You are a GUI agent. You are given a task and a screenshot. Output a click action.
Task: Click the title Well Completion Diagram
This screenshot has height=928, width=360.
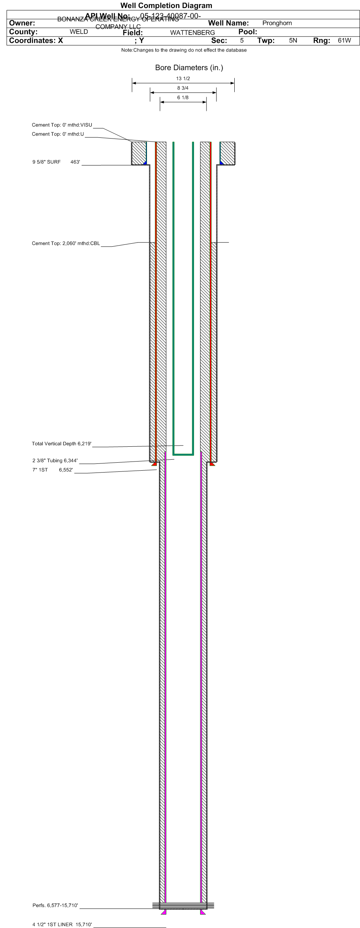(166, 6)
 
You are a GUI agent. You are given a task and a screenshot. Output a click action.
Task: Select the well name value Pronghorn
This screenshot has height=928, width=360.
(277, 23)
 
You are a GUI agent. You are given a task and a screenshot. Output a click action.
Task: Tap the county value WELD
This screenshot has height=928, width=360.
(79, 32)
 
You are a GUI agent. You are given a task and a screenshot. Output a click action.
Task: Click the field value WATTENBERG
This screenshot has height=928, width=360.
(192, 33)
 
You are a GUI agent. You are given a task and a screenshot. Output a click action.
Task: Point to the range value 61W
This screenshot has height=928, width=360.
(344, 41)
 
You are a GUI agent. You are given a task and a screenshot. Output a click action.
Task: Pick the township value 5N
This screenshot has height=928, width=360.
(293, 41)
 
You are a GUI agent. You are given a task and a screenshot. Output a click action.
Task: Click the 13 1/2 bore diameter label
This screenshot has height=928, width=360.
(183, 79)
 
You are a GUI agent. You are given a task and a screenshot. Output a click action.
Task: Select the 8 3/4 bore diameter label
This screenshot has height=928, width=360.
(183, 88)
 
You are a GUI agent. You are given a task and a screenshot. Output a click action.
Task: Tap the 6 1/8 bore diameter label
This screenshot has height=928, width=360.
(183, 98)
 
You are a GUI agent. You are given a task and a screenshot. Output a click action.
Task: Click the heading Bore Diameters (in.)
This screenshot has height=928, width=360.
(189, 68)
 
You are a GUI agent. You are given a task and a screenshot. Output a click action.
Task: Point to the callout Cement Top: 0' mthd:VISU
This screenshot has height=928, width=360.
(62, 125)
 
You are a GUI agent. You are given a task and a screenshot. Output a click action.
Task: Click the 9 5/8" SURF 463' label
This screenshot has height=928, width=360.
(56, 162)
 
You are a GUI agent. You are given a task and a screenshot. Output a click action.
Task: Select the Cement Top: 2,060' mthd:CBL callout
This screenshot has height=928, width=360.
(66, 244)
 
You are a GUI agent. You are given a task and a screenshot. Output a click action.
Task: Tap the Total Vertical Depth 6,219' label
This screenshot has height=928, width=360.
(62, 444)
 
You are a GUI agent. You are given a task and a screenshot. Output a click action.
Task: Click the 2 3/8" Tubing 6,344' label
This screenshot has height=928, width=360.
(55, 461)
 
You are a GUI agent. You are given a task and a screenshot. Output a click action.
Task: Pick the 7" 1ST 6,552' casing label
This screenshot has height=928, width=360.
(52, 470)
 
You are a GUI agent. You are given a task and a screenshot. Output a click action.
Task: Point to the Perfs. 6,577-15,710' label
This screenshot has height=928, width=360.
(55, 906)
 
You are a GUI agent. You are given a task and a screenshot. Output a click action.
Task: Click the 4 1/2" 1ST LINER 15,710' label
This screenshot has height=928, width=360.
(62, 925)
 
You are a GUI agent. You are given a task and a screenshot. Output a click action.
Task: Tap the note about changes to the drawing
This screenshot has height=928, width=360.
(184, 50)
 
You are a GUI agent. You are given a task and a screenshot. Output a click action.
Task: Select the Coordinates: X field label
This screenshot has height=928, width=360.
(36, 41)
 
